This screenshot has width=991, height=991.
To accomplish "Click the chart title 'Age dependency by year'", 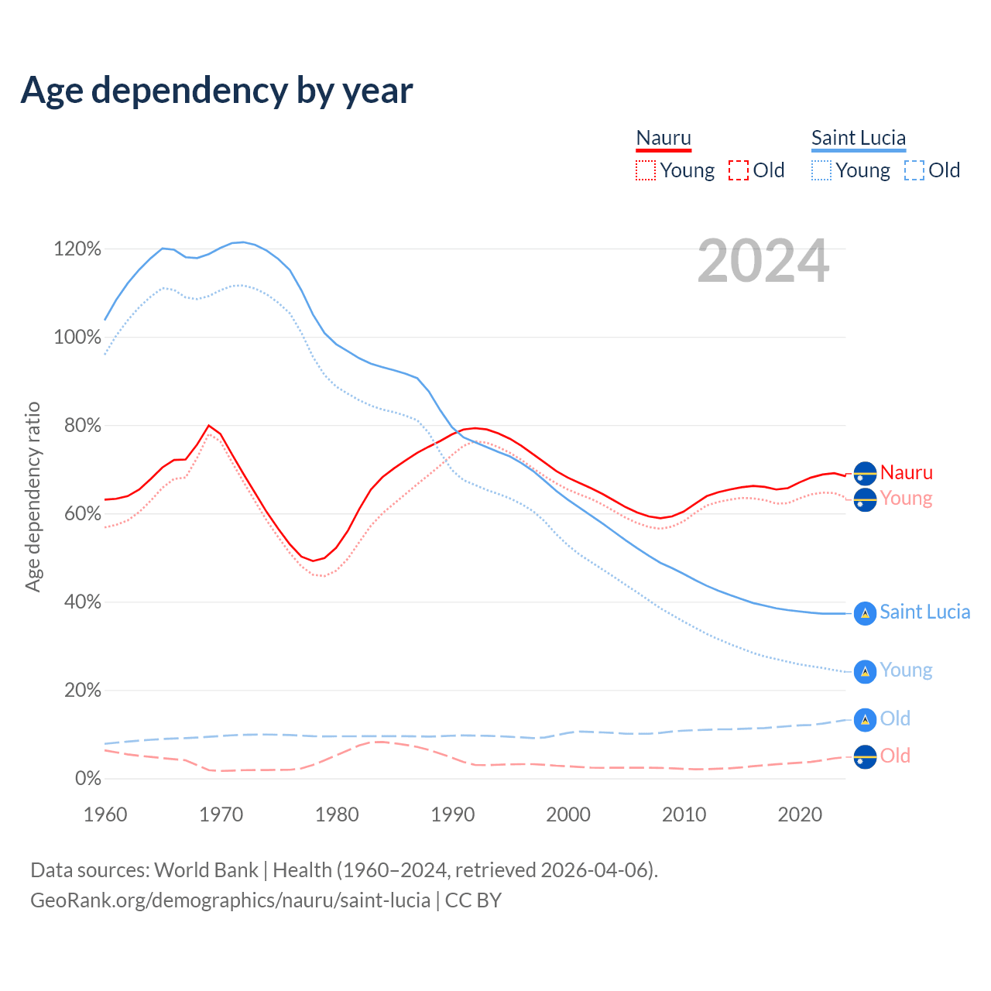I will click(217, 91).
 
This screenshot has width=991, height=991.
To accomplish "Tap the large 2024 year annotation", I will click(763, 262).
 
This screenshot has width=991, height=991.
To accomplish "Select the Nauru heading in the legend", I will click(664, 139).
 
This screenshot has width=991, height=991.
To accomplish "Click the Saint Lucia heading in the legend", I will click(858, 139).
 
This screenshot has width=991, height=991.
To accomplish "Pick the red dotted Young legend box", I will click(646, 170).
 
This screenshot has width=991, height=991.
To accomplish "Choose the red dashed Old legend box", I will click(739, 170).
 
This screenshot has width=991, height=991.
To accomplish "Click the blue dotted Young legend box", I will click(821, 170).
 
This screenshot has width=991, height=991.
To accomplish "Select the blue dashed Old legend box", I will click(914, 170).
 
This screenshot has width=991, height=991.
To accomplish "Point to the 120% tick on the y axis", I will click(77, 249).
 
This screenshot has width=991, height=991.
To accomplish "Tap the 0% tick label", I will click(87, 779).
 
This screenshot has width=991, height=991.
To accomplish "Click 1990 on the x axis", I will click(453, 814).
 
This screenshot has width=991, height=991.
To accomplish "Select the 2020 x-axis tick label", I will click(800, 814).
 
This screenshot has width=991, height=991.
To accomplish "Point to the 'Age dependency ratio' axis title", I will click(33, 496).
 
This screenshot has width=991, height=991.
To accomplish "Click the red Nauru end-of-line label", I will click(906, 472).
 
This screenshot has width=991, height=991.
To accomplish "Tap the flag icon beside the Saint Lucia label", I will click(865, 613).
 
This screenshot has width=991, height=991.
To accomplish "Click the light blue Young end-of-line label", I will click(906, 670).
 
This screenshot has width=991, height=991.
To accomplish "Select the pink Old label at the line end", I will click(895, 756).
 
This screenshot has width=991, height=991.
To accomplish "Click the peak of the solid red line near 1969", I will click(209, 425).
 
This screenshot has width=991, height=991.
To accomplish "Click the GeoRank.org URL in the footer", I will click(230, 900).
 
